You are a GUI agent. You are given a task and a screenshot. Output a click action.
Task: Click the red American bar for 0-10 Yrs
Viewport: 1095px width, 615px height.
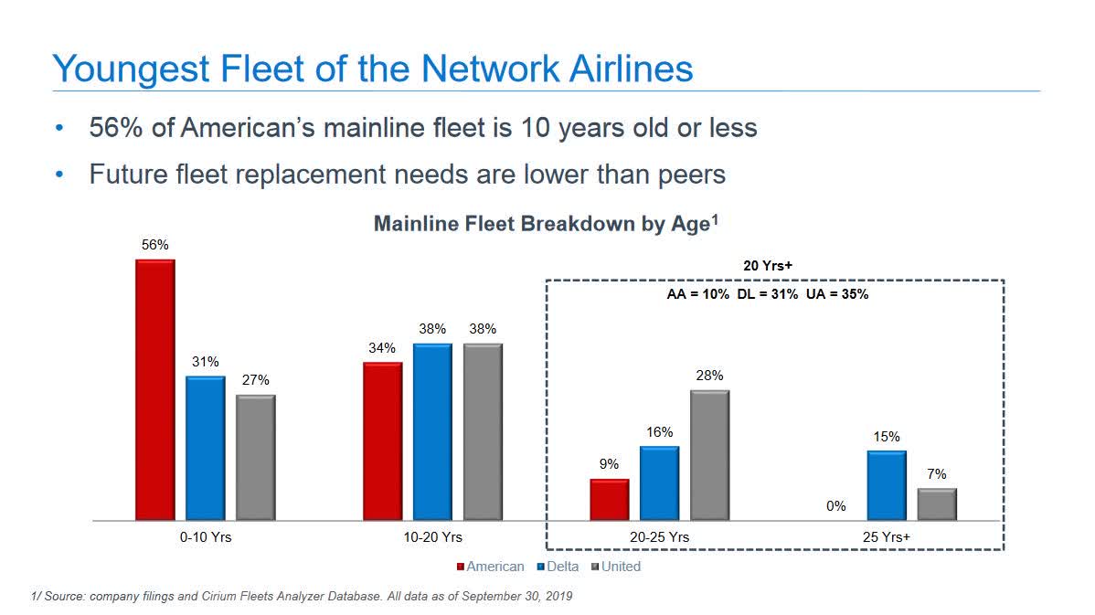pyautogui.click(x=154, y=390)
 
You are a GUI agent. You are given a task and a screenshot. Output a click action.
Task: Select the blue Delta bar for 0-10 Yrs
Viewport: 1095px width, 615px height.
pyautogui.click(x=205, y=448)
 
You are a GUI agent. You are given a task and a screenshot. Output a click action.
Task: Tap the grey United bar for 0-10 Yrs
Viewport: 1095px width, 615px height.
pyautogui.click(x=255, y=458)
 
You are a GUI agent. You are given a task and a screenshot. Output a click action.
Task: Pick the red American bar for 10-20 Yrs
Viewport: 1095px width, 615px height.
pyautogui.click(x=382, y=441)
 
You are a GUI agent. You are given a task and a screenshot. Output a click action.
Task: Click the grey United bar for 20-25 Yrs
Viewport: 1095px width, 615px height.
pyautogui.click(x=709, y=455)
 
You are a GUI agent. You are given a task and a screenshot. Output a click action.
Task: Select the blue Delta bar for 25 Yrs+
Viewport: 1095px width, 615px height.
pyautogui.click(x=887, y=485)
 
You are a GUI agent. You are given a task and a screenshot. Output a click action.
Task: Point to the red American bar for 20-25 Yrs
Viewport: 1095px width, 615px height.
pyautogui.click(x=610, y=499)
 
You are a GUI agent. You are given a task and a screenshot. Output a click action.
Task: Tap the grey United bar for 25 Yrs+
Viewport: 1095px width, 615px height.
pyautogui.click(x=937, y=504)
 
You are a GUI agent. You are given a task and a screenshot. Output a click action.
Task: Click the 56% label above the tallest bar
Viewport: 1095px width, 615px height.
pyautogui.click(x=154, y=245)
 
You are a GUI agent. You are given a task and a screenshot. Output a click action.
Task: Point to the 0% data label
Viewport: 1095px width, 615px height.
pyautogui.click(x=836, y=505)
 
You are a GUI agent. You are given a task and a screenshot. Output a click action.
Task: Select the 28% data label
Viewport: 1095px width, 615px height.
pyautogui.click(x=709, y=376)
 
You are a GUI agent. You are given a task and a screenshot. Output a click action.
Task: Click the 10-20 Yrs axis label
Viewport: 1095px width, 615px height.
pyautogui.click(x=432, y=537)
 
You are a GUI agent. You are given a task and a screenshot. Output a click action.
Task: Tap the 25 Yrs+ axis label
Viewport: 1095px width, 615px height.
pyautogui.click(x=888, y=537)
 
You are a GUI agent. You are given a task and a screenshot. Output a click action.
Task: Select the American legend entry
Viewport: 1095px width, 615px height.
pyautogui.click(x=490, y=567)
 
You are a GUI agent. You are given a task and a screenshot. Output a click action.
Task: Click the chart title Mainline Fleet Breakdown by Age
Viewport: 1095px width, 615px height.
pyautogui.click(x=541, y=225)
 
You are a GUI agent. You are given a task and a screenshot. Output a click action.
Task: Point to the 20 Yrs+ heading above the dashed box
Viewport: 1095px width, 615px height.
pyautogui.click(x=768, y=265)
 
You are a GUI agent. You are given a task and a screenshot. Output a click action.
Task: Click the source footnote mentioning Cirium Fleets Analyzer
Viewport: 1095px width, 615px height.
pyautogui.click(x=302, y=597)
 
